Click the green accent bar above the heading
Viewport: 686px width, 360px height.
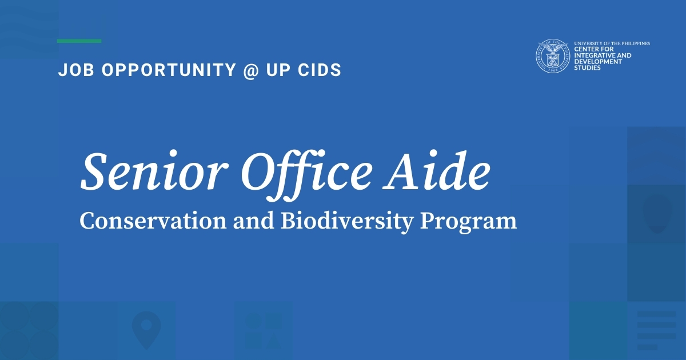pos(79,41)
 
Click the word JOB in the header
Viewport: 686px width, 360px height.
pos(76,70)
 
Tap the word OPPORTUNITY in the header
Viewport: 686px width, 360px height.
pos(169,70)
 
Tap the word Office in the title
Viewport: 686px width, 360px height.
pos(306,175)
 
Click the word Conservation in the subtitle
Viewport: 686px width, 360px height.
pos(153,221)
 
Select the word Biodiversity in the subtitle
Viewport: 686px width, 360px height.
pos(348,222)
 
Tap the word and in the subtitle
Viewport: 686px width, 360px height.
pos(254,221)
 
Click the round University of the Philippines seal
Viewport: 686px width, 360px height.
pos(553,56)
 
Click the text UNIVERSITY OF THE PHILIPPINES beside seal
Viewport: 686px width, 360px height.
pos(612,43)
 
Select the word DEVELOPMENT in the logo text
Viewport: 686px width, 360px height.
pos(598,62)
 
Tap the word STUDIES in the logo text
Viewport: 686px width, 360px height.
pos(588,67)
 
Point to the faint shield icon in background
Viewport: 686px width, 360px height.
pos(657,214)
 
